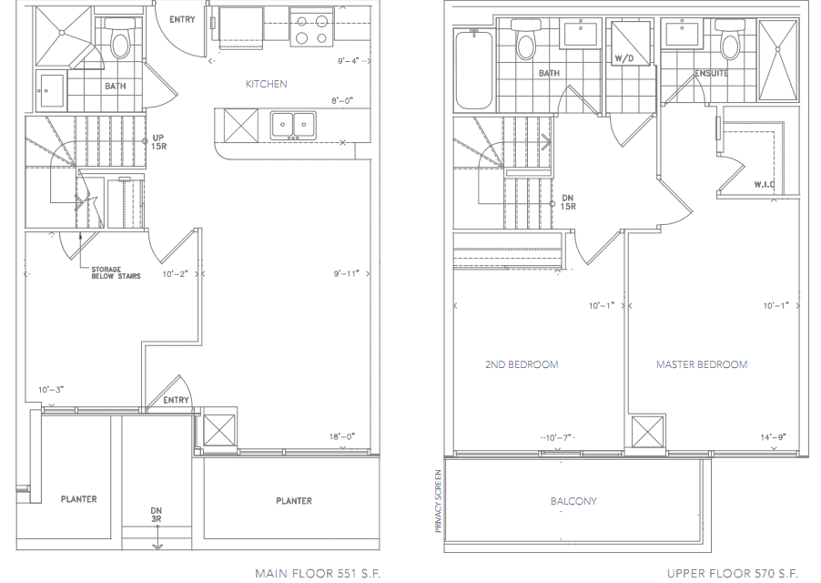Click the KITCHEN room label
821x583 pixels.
[266, 84]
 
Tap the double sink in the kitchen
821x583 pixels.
[293, 126]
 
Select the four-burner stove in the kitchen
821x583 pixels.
[311, 29]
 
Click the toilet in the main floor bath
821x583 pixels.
[120, 39]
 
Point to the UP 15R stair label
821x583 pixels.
[158, 142]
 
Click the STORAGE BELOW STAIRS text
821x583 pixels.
[116, 272]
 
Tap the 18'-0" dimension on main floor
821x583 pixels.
[342, 436]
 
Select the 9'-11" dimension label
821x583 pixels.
[347, 273]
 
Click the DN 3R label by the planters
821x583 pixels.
[156, 515]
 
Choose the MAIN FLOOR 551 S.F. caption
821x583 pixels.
[318, 573]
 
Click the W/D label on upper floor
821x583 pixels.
[624, 58]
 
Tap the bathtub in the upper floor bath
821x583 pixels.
[474, 69]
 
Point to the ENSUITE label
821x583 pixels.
[711, 74]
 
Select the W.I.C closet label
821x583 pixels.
[765, 184]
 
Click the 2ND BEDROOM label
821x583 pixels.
[522, 364]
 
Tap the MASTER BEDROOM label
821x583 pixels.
[702, 364]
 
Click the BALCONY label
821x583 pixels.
[573, 501]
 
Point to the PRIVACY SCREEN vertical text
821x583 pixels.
[439, 501]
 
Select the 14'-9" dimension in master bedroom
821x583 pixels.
[774, 437]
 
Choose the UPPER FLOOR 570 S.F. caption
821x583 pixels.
[733, 573]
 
